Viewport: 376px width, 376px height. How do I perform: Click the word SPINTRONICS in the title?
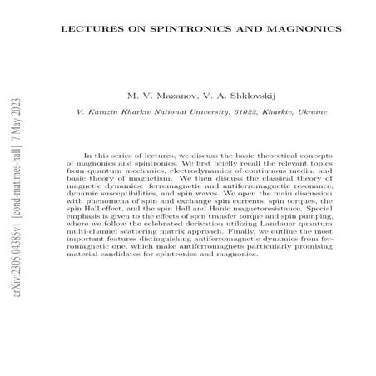click(x=170, y=28)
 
